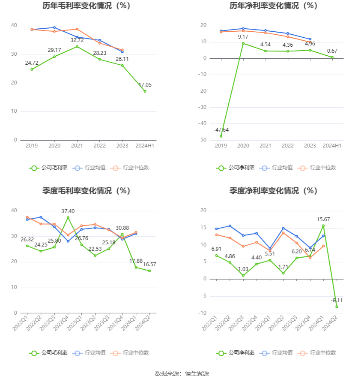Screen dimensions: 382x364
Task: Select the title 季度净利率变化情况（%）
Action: [x=273, y=191]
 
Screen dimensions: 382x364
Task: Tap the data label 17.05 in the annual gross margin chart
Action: [x=144, y=85]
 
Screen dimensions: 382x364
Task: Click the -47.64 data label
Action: [x=221, y=130]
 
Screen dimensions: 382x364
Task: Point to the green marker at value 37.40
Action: [x=68, y=217]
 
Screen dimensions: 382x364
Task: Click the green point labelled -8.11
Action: [x=337, y=307]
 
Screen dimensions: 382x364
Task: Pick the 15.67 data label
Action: [x=323, y=220]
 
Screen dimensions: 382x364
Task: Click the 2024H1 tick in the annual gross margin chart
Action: [x=145, y=146]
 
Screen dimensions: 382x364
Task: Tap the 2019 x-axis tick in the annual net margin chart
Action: [x=221, y=146]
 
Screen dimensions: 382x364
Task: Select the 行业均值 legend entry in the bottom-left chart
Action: [x=90, y=353]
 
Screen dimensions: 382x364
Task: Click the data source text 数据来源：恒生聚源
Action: [x=182, y=373]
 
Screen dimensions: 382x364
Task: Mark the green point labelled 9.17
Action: [x=243, y=43]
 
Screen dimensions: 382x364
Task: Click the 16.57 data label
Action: [x=149, y=265]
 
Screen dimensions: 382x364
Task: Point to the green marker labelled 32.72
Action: [x=77, y=46]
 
